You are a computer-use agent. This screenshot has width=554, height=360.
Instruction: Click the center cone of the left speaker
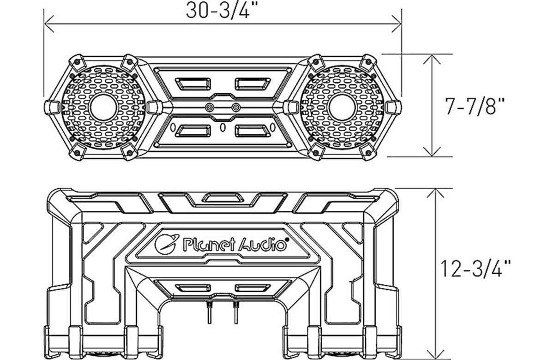tap(104, 107)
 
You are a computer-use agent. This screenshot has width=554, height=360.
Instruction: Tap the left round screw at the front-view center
tap(211, 107)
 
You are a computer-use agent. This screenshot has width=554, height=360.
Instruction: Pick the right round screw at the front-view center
tap(236, 107)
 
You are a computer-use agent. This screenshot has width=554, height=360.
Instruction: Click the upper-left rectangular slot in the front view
tap(193, 84)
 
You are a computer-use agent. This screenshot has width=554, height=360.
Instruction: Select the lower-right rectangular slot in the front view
tap(253, 131)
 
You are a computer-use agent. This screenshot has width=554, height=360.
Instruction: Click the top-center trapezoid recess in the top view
tap(223, 198)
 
